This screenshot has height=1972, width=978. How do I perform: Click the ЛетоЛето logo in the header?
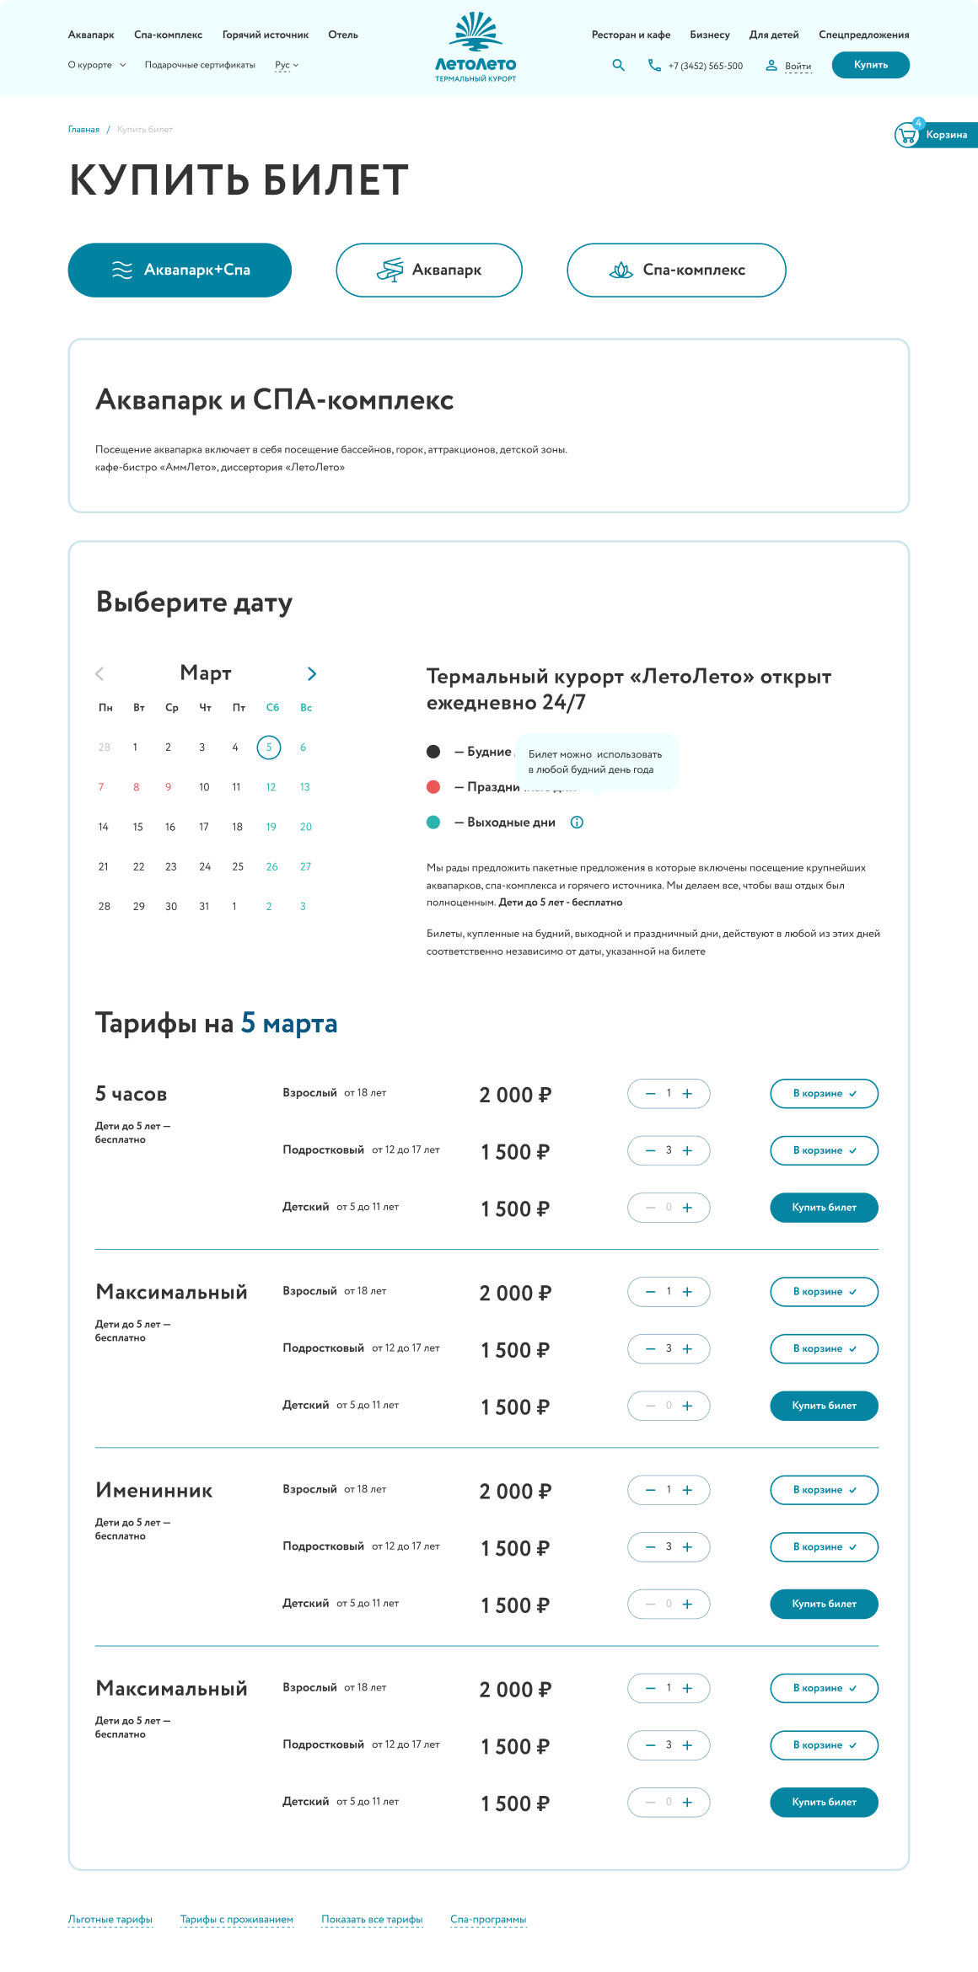tap(476, 48)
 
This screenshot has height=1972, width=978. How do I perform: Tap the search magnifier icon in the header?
tap(619, 65)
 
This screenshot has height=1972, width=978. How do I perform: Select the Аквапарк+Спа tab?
tap(180, 270)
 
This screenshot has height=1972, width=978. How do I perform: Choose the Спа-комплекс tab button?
tap(676, 270)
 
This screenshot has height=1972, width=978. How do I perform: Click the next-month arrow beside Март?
tap(312, 673)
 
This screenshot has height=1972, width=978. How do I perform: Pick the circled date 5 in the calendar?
tap(269, 748)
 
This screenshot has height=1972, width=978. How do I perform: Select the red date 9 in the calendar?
tap(169, 787)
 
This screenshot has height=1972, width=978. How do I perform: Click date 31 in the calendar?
tap(204, 907)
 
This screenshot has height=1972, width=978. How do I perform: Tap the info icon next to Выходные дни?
tap(577, 823)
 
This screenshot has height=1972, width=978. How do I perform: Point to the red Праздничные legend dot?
tap(433, 787)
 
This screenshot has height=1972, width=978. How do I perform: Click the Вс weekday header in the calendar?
tap(306, 708)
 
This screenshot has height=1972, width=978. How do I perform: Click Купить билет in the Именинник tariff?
tap(824, 1604)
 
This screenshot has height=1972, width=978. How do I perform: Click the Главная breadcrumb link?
tap(83, 130)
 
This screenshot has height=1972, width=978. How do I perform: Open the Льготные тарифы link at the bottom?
tap(110, 1920)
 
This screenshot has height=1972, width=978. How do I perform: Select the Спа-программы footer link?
tap(488, 1920)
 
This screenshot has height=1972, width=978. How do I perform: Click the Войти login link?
tap(798, 66)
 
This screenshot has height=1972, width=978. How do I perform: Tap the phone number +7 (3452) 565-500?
tap(705, 66)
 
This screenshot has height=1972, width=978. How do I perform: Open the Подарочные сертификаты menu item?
tap(200, 65)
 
